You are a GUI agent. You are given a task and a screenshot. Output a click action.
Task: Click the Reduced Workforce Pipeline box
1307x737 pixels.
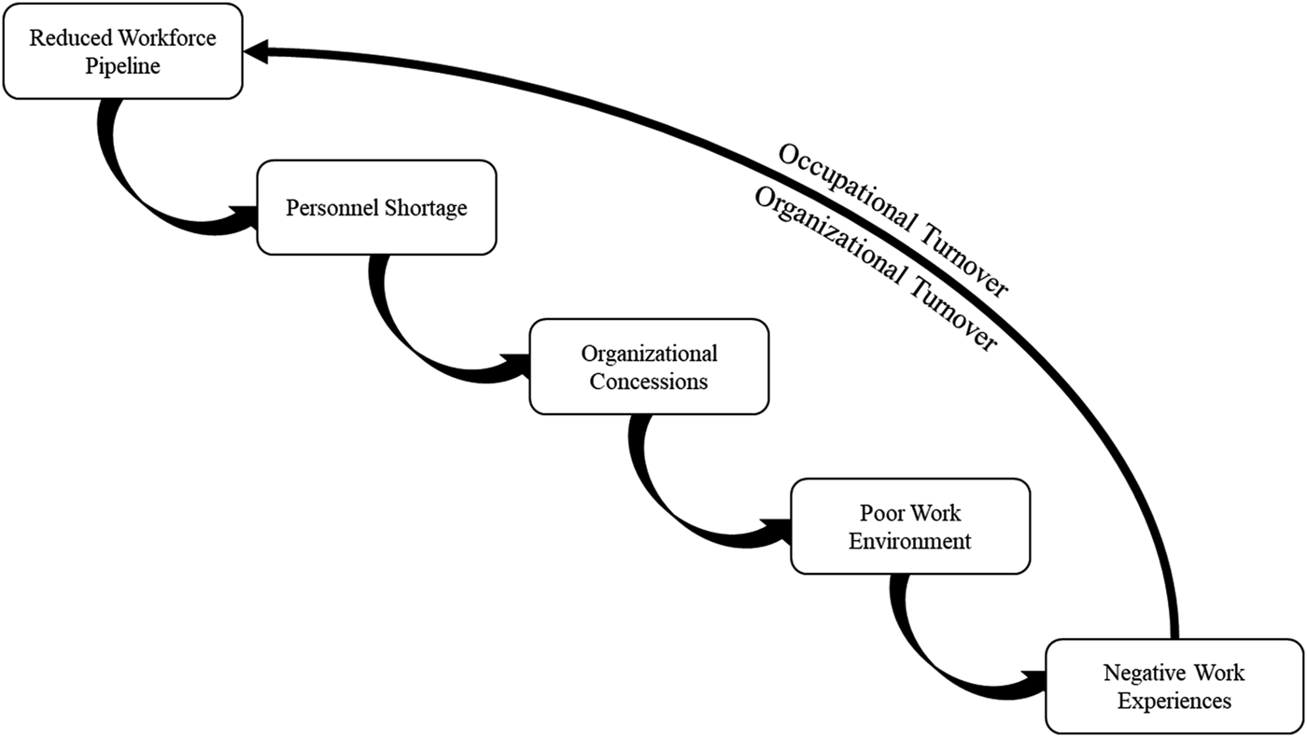(122, 52)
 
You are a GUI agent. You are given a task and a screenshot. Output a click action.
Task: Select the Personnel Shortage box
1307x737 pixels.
(376, 207)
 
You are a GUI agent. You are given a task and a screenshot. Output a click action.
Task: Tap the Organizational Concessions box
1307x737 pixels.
(649, 367)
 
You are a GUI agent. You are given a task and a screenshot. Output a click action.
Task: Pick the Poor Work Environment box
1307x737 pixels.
(910, 526)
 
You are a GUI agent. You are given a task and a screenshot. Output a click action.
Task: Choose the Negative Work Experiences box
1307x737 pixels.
(1173, 686)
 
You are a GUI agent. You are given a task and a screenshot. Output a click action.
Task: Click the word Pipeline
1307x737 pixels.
(123, 66)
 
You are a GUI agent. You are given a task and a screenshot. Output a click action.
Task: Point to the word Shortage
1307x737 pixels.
(426, 207)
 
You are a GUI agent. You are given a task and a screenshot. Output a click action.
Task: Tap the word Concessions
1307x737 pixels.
(649, 381)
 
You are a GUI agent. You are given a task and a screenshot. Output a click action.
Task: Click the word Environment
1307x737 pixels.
(910, 540)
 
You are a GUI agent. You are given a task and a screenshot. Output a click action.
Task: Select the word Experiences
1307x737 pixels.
(1174, 700)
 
